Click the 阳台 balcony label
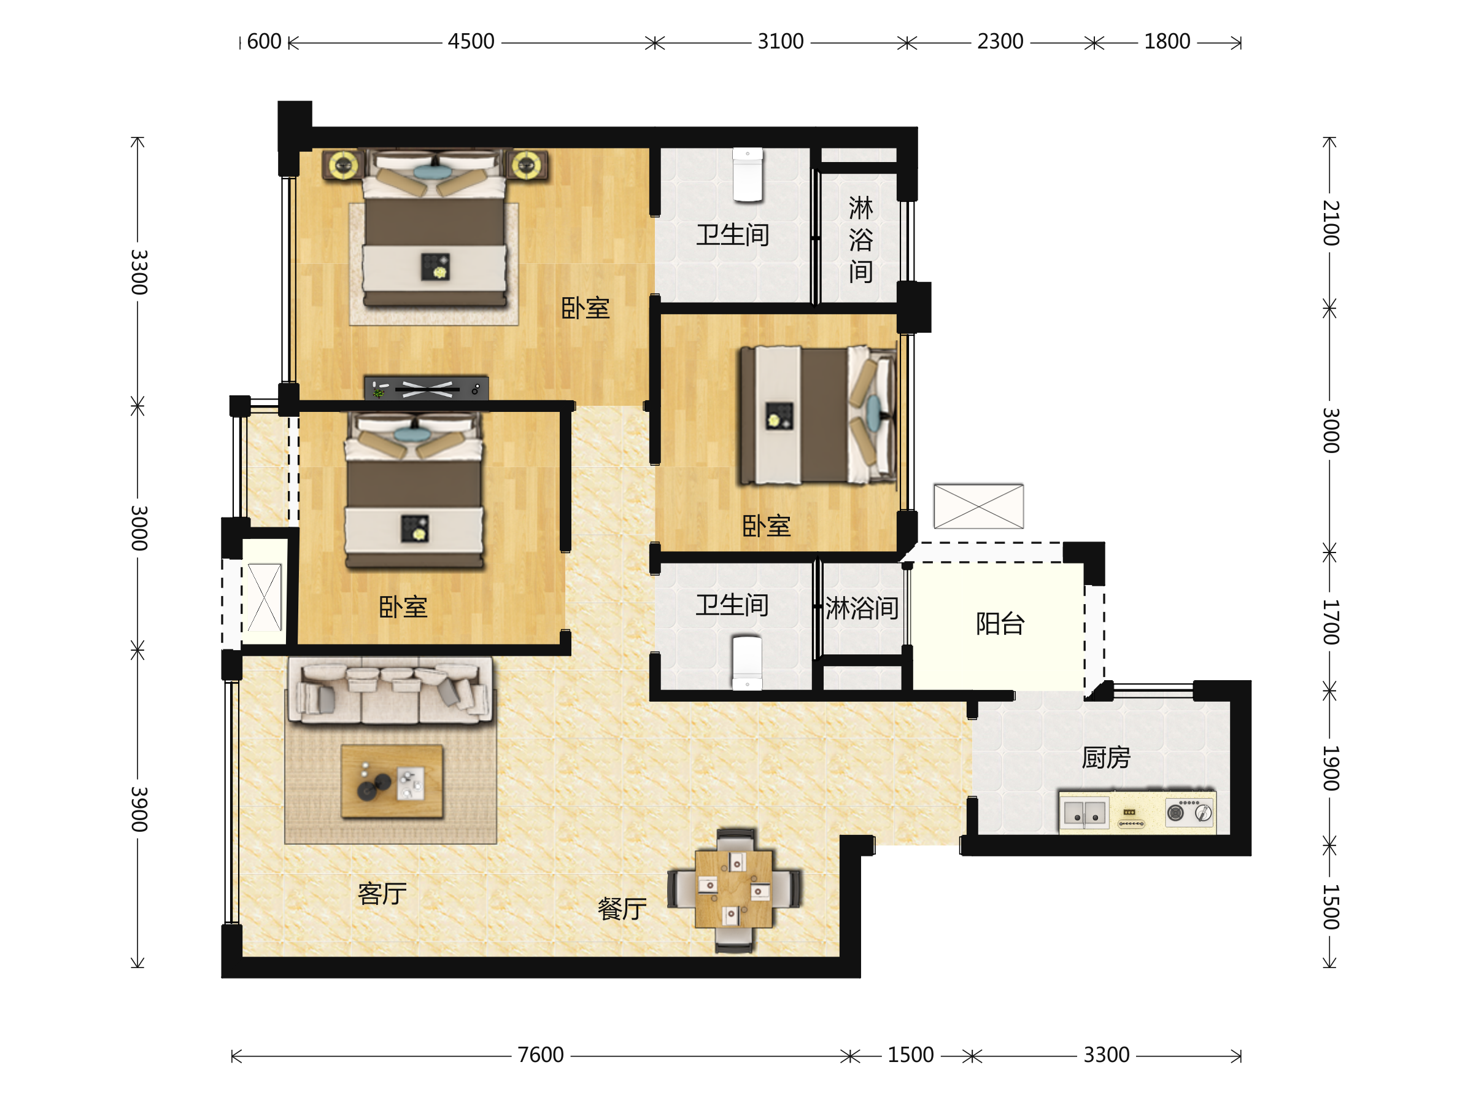[1000, 624]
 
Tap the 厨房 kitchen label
[1106, 758]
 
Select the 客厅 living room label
[382, 893]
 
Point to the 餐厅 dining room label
[622, 909]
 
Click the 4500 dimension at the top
[471, 41]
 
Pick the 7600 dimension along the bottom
[540, 1055]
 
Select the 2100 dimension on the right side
[1330, 222]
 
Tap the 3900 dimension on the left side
[139, 808]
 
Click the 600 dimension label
[265, 41]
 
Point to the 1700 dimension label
[1330, 621]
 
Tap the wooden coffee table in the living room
[392, 781]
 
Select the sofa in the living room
[390, 691]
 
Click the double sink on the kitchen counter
[1084, 813]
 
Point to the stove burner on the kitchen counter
[1176, 813]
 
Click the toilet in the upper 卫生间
[748, 174]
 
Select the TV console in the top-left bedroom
[426, 387]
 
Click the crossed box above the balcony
[978, 506]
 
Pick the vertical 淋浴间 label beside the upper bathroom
[860, 239]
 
